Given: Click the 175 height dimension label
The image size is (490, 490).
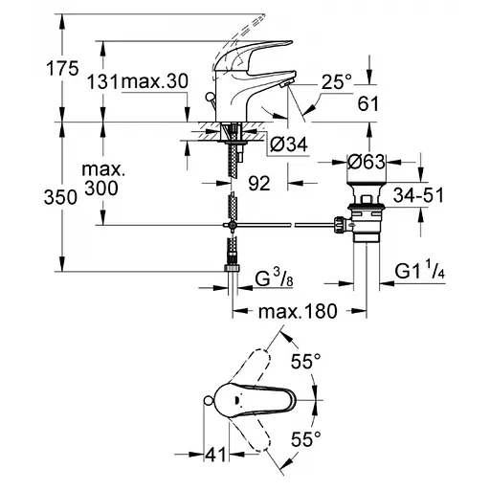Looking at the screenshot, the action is coord(62,68).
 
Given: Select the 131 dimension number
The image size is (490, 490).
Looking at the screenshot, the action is coord(102,81).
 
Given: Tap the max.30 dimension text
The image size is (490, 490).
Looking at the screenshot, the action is coord(154,81).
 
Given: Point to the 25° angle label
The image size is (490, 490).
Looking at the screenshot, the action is coord(336,82).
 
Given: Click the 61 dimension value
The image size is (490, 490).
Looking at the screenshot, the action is coord(368,103).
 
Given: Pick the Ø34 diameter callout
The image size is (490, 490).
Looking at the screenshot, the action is coord(289,145).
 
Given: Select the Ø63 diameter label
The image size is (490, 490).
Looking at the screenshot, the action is coord(367,162).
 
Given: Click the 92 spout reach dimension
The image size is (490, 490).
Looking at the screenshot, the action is coord(259,183).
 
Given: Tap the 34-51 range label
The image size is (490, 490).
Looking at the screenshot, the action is coord(418,195).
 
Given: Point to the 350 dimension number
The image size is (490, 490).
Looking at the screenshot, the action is coord(60,197).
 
